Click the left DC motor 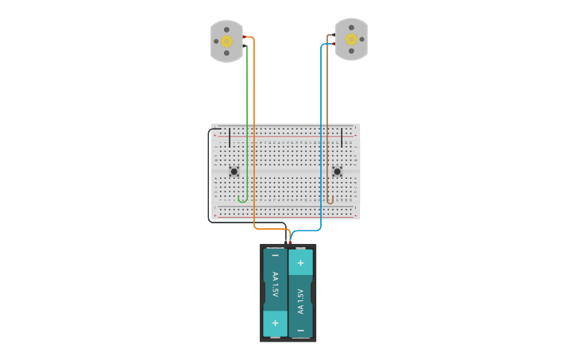tap(226, 41)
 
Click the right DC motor tap(351, 39)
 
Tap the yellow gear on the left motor tap(226, 41)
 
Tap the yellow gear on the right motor tap(351, 39)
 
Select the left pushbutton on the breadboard tap(234, 171)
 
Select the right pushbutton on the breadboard tap(337, 171)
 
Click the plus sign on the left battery tap(275, 323)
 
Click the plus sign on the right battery tap(300, 262)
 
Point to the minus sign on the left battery tap(275, 255)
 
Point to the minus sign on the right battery tap(300, 329)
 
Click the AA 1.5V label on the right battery tap(300, 300)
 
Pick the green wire tap(247, 119)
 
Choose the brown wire tap(327, 119)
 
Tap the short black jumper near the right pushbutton tap(342, 137)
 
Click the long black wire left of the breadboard tap(210, 175)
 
